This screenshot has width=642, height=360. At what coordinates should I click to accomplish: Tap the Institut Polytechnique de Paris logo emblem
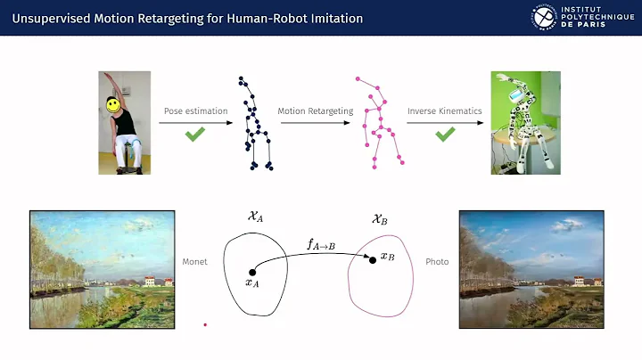tap(542, 18)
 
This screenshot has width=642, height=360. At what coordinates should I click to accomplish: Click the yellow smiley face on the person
tap(113, 105)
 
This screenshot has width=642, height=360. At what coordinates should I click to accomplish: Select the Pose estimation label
tap(195, 111)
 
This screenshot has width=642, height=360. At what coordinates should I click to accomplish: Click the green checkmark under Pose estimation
tap(195, 135)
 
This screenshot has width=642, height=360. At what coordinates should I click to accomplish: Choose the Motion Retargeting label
tap(315, 111)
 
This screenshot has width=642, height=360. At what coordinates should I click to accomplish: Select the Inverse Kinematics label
tap(444, 111)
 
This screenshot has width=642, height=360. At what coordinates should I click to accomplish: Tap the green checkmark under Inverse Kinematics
tap(445, 135)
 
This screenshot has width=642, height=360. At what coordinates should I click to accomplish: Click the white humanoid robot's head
tap(519, 94)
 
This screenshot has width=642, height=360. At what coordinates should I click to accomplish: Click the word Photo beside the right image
tap(437, 262)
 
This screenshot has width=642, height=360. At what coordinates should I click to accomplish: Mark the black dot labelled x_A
tap(252, 272)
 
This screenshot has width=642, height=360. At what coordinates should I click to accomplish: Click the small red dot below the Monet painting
tap(205, 325)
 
